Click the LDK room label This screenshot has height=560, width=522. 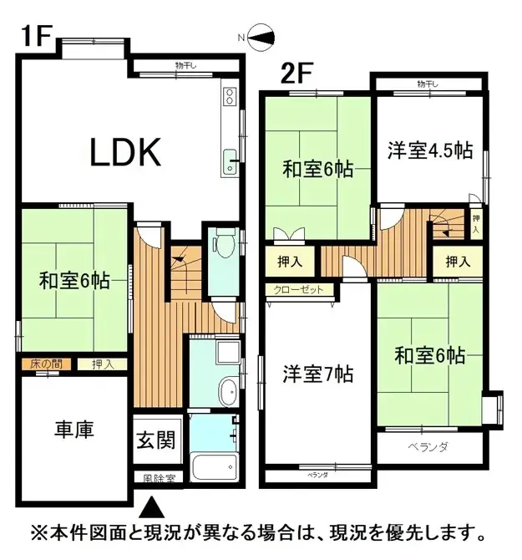(x=125, y=152)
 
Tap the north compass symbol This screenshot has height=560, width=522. (x=261, y=38)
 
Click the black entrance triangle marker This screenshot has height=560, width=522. (x=152, y=507)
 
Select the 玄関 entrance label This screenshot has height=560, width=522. (x=156, y=440)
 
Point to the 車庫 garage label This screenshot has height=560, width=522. (x=74, y=430)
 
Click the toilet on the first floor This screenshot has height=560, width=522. (x=226, y=242)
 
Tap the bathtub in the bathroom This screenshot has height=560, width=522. (x=215, y=467)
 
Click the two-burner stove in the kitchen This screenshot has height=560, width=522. (x=230, y=96)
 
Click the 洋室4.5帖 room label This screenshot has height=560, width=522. (x=430, y=150)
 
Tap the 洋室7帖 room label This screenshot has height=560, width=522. (x=318, y=374)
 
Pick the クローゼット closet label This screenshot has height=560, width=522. (x=298, y=290)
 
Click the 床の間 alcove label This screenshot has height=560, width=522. (x=46, y=364)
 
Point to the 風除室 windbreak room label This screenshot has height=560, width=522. (x=160, y=478)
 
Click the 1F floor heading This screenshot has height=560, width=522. (x=37, y=36)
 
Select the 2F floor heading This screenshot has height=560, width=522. (x=296, y=73)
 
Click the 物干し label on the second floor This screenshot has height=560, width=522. (x=428, y=84)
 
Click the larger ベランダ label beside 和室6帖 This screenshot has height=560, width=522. (x=428, y=446)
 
